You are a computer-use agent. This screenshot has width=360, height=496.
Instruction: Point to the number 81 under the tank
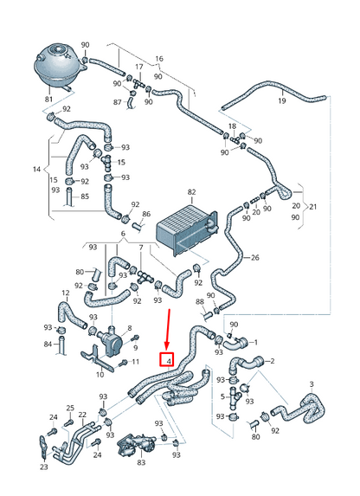pyautogui.click(x=48, y=100)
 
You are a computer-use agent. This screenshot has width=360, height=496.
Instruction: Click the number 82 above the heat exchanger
pyautogui.click(x=192, y=193)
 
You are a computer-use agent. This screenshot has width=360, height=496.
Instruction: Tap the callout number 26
pyautogui.click(x=254, y=258)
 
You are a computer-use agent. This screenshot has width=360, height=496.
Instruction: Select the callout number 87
pyautogui.click(x=119, y=102)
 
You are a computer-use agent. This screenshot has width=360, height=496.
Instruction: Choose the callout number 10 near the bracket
pyautogui.click(x=100, y=374)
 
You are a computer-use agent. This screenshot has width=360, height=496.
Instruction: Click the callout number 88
pyautogui.click(x=201, y=302)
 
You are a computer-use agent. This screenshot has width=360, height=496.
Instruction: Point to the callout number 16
pyautogui.click(x=158, y=59)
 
